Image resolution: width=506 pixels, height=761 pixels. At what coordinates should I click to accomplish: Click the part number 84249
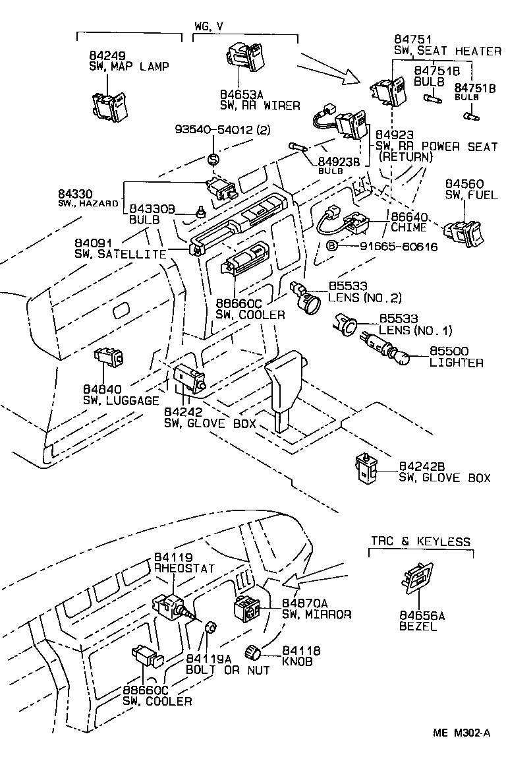104,55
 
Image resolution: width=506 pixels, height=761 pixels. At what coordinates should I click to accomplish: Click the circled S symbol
213,158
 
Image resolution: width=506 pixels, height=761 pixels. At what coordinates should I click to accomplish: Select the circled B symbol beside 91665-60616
333,246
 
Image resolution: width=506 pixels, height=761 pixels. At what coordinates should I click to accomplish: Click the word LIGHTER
456,363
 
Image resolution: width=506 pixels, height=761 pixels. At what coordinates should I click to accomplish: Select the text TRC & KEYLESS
420,541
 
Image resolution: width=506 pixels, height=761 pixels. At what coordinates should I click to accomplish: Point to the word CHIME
408,228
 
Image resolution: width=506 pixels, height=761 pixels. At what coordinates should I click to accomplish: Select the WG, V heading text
209,26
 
